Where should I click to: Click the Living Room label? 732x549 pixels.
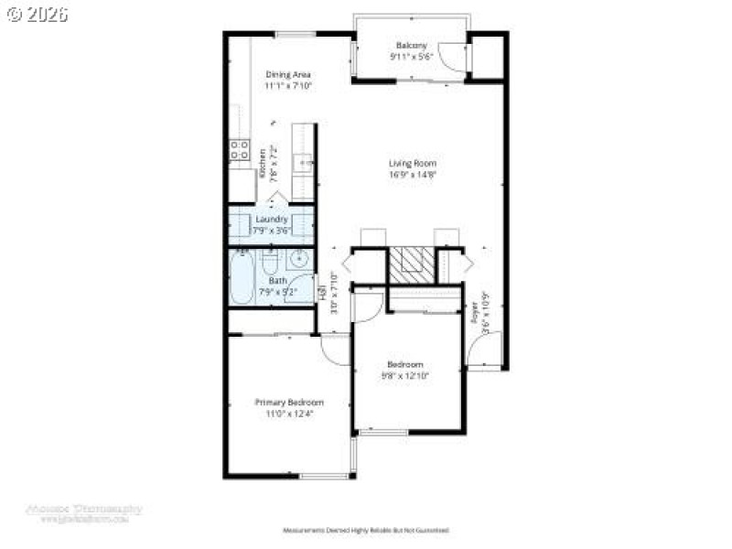tap(405, 164)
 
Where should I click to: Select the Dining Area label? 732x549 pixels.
tap(288, 74)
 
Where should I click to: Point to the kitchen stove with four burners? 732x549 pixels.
tap(240, 150)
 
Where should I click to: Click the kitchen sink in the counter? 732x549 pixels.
tap(303, 165)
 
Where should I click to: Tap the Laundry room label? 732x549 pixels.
tap(271, 220)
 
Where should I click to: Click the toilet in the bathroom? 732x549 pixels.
tap(270, 264)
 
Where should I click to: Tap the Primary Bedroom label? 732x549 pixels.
tap(288, 403)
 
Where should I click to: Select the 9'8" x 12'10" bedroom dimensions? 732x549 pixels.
tap(405, 375)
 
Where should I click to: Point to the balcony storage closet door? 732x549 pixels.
tap(452, 57)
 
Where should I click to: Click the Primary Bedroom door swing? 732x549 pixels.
tap(335, 348)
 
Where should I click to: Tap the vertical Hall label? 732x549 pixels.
tap(323, 293)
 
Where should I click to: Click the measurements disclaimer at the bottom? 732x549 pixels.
tap(364, 530)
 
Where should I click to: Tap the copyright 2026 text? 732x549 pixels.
tap(37, 14)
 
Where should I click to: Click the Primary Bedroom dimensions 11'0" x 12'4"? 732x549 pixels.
tap(288, 414)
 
